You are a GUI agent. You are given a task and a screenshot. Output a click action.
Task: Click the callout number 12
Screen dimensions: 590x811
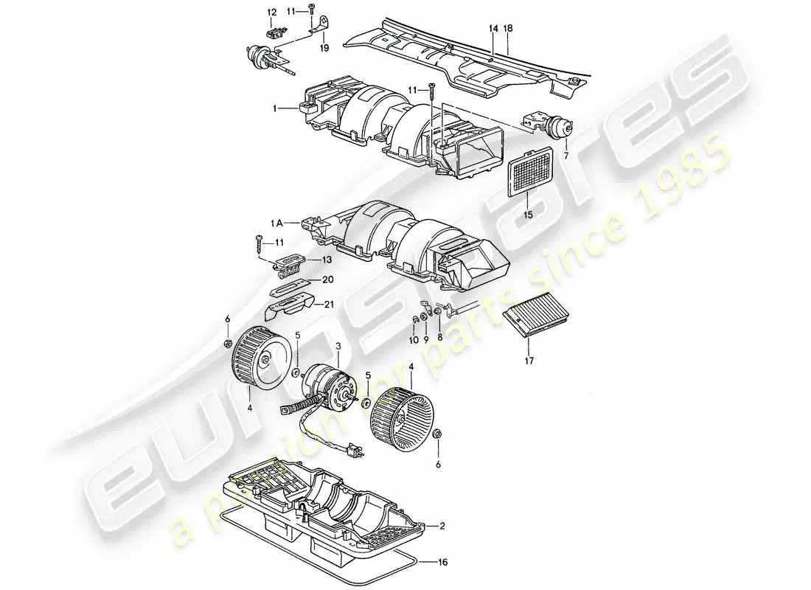coord(271,12)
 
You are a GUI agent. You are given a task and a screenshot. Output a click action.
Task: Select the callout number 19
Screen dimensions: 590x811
coord(324,49)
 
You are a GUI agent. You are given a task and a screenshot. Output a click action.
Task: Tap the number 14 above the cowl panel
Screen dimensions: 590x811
coord(492,28)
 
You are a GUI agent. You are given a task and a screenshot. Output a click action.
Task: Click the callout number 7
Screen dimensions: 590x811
coord(566,156)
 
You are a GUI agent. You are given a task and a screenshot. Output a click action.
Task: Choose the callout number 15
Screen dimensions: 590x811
coord(528,215)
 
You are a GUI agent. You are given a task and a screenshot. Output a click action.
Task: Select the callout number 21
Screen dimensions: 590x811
coord(329,304)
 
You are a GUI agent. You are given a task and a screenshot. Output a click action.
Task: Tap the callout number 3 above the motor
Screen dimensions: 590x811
coord(338,346)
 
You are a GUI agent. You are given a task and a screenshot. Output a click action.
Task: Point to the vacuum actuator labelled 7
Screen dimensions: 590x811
coord(548,125)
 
